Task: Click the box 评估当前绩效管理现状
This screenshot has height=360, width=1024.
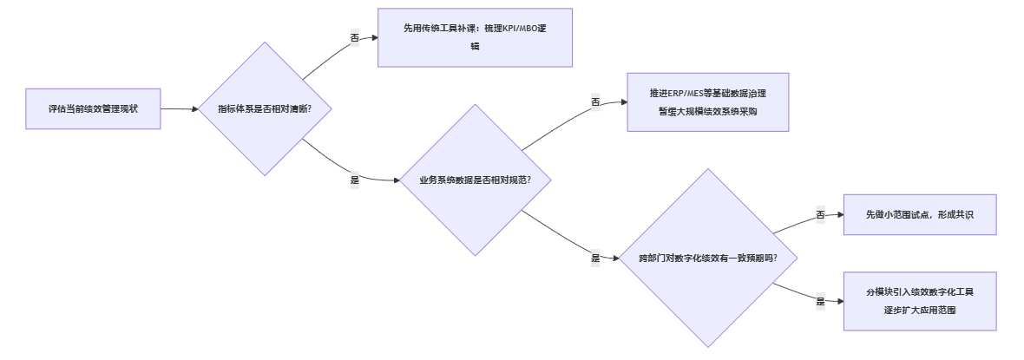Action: point(93,109)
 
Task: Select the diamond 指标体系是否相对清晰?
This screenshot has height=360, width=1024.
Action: point(265,109)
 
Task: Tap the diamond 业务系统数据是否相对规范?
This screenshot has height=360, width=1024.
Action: point(475,180)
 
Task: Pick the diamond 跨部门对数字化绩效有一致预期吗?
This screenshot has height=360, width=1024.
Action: point(707,258)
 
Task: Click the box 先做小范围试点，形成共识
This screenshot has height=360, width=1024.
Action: point(920,214)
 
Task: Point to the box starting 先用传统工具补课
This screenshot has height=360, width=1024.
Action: point(475,37)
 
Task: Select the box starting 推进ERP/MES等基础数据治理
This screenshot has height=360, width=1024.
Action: point(707,101)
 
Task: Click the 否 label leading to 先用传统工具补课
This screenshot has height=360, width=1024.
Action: point(354,38)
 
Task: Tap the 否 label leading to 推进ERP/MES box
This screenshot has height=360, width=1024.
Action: point(595,102)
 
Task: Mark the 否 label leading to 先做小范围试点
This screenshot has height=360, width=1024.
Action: point(820,215)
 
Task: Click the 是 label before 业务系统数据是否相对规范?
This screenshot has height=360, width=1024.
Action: point(354,180)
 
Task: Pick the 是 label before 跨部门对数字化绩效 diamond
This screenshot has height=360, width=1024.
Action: point(595,259)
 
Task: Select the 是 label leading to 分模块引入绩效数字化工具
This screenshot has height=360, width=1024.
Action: point(820,302)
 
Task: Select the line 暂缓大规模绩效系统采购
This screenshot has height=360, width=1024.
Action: point(707,111)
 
